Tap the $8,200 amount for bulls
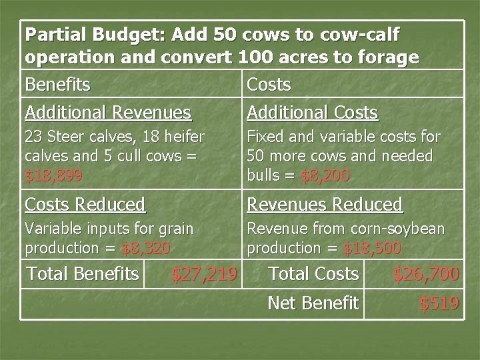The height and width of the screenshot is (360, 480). [x=325, y=176]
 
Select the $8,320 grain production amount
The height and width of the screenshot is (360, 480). [x=146, y=248]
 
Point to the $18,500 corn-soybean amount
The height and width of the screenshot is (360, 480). [x=372, y=248]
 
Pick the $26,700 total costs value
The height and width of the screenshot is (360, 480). [x=425, y=273]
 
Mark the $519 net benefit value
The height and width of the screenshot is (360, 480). [x=439, y=303]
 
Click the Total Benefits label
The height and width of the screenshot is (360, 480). [x=81, y=273]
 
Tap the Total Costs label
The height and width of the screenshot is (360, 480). [x=313, y=273]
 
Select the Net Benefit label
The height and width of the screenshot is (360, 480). [x=313, y=303]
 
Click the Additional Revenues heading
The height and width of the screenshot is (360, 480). [x=107, y=112]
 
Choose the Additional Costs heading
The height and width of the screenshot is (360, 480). [x=312, y=112]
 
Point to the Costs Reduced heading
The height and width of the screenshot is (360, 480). [x=85, y=204]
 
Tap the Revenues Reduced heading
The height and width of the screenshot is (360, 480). [x=325, y=204]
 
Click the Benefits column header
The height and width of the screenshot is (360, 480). [x=57, y=85]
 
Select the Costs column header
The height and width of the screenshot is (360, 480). [x=269, y=85]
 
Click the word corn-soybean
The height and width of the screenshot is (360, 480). [x=399, y=229]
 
